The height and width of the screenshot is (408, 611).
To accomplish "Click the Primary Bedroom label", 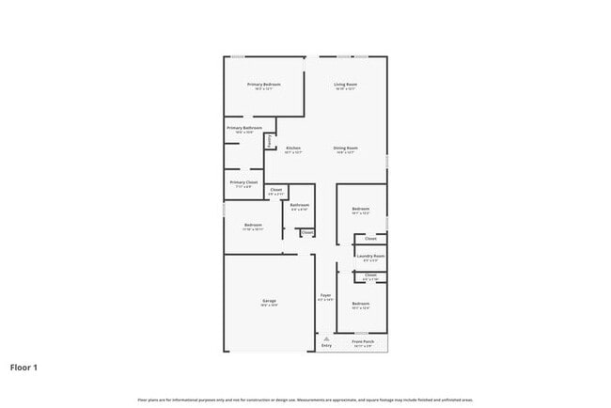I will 264,85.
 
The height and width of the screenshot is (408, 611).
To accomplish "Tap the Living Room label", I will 345,85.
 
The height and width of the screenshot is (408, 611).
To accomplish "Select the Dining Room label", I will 345,148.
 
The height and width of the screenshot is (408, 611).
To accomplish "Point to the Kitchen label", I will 293,148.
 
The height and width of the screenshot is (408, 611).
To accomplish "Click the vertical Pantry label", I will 270,141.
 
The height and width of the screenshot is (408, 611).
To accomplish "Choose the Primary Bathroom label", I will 244,128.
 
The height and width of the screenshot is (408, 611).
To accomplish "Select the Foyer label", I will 325,295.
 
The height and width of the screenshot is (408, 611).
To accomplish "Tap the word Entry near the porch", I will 326,346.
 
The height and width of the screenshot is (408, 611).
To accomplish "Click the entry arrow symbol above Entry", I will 326,338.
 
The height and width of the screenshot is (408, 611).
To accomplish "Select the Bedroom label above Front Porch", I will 361,304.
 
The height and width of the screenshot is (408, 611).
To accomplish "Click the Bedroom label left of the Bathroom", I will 253,225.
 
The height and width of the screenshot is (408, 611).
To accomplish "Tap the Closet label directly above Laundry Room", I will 371,239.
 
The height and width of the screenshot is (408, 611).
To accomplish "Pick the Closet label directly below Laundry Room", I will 371,275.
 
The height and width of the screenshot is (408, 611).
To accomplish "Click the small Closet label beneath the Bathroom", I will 306,231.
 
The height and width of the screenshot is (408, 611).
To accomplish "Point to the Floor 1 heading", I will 24,368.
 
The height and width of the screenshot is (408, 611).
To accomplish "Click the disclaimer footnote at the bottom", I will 305,400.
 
